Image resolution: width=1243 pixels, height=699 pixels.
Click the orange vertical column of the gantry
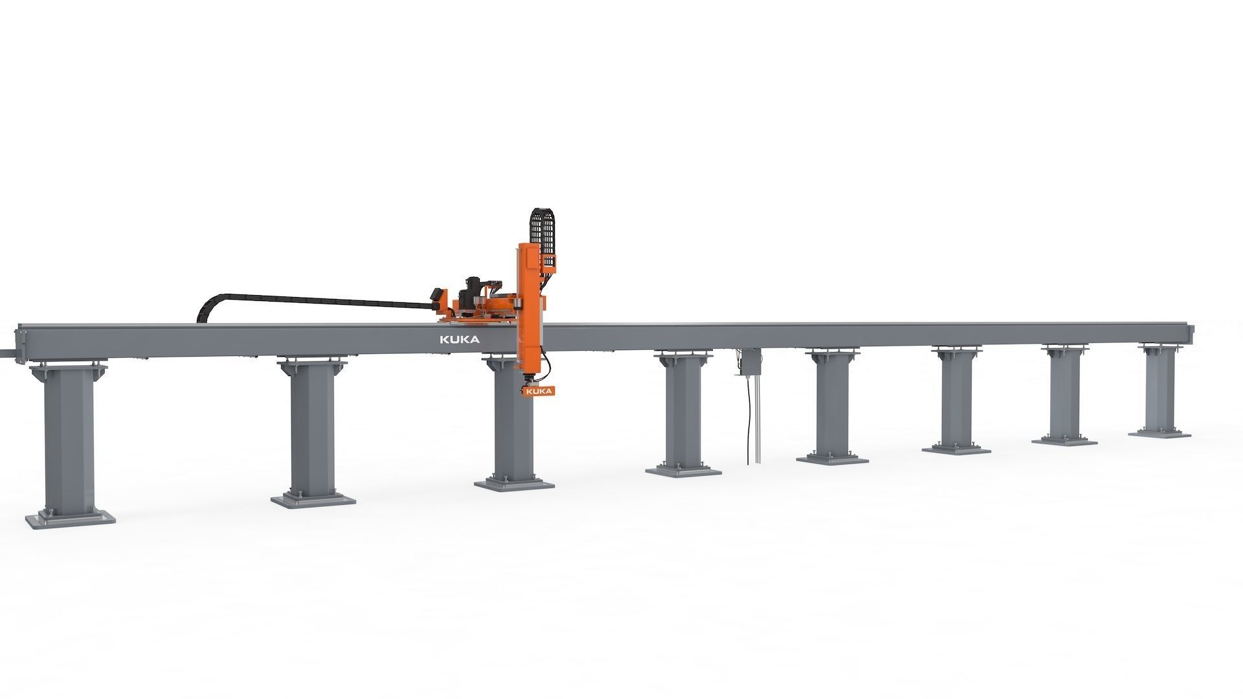pyautogui.click(x=528, y=304)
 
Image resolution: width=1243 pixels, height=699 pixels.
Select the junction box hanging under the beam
pyautogui.click(x=750, y=361)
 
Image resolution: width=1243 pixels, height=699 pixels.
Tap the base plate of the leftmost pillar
pyautogui.click(x=70, y=518)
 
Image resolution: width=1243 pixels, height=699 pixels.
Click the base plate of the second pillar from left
pyautogui.click(x=313, y=500)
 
